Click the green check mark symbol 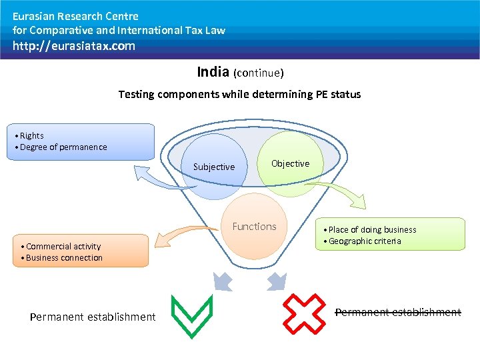click(191, 316)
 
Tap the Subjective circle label click(213, 167)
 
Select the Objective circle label click(290, 163)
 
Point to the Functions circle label click(254, 227)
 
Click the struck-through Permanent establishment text click(397, 312)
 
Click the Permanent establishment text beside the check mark click(93, 317)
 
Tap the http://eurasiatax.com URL click(74, 46)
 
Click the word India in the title click(213, 71)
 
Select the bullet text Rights click(31, 135)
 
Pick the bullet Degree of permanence click(63, 147)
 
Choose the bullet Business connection click(64, 257)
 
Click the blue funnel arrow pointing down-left click(224, 282)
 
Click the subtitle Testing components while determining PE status click(239, 94)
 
